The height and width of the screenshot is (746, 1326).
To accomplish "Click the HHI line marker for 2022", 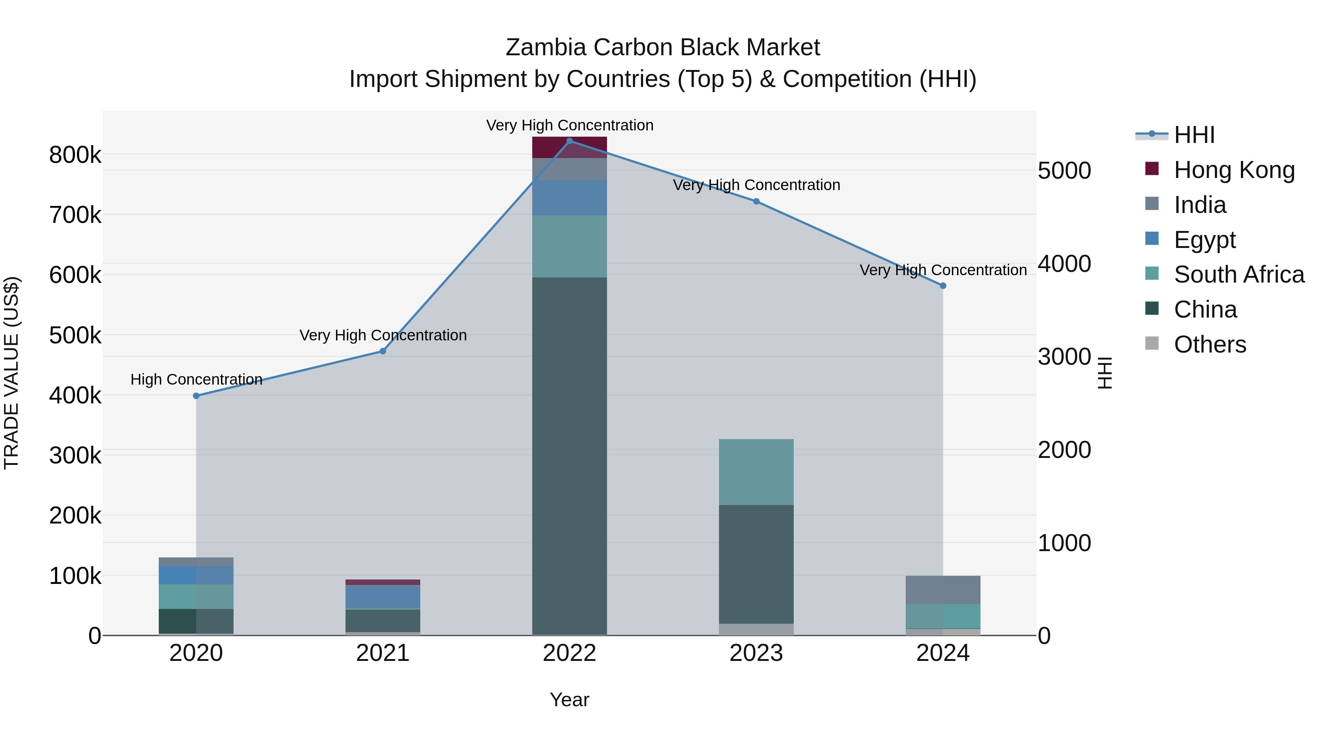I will click(569, 141).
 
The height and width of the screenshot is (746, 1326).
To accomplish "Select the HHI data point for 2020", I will click(196, 396).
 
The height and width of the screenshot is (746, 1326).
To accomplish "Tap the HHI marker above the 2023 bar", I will click(756, 201).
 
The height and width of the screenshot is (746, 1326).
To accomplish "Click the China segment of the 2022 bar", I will click(569, 456).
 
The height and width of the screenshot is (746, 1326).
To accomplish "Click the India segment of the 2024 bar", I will click(943, 590).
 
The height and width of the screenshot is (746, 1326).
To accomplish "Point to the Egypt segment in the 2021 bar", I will click(382, 597).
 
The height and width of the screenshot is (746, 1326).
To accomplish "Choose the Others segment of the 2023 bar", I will click(756, 629).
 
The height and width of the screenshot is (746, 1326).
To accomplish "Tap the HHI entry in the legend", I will click(1194, 135).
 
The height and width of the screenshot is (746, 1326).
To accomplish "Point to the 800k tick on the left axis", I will click(75, 154).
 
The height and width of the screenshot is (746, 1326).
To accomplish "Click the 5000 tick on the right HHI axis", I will click(1064, 171).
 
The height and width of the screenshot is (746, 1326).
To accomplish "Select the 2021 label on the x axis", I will click(382, 653).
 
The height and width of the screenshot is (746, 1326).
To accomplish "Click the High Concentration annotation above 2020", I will click(196, 379).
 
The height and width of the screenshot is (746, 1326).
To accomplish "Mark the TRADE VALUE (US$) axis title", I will click(11, 373).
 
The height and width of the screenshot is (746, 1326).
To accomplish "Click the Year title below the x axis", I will click(569, 700).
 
